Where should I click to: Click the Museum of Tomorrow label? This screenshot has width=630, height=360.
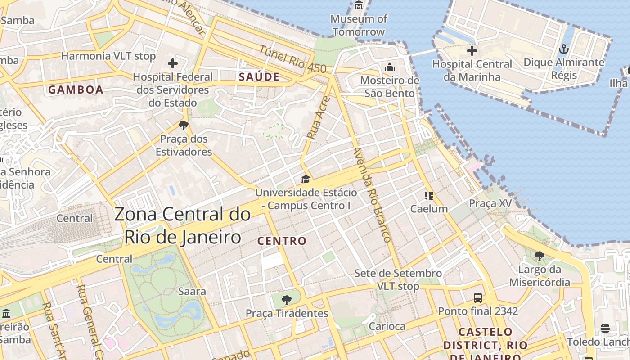click(x=359, y=25)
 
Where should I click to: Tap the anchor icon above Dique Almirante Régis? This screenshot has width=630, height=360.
click(x=563, y=49)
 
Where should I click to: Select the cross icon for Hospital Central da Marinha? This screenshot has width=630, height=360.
click(x=472, y=51)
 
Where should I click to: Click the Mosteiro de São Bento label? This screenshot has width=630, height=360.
click(x=390, y=87)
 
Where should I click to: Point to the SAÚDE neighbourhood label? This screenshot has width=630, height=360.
click(x=259, y=77)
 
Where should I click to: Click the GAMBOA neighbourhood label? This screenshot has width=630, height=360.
click(x=76, y=90)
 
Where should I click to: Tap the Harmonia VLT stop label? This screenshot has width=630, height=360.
click(x=108, y=56)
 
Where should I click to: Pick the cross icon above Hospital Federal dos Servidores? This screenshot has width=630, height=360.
click(x=173, y=63)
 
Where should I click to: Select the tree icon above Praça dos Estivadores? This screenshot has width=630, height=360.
click(x=183, y=125)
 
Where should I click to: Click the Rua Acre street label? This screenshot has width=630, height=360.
click(x=317, y=117)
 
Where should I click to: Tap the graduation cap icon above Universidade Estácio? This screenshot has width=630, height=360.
click(x=306, y=180)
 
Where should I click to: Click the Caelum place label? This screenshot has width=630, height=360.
click(x=429, y=209)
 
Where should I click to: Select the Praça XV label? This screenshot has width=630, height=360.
click(x=490, y=203)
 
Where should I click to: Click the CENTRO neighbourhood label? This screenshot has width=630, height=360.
click(x=282, y=241)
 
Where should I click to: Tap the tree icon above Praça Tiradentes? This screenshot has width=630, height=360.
click(x=286, y=300)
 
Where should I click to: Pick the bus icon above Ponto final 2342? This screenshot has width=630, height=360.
click(x=478, y=297)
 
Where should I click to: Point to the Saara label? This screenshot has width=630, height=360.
click(x=192, y=291)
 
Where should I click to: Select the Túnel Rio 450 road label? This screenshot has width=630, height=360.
click(x=292, y=59)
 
